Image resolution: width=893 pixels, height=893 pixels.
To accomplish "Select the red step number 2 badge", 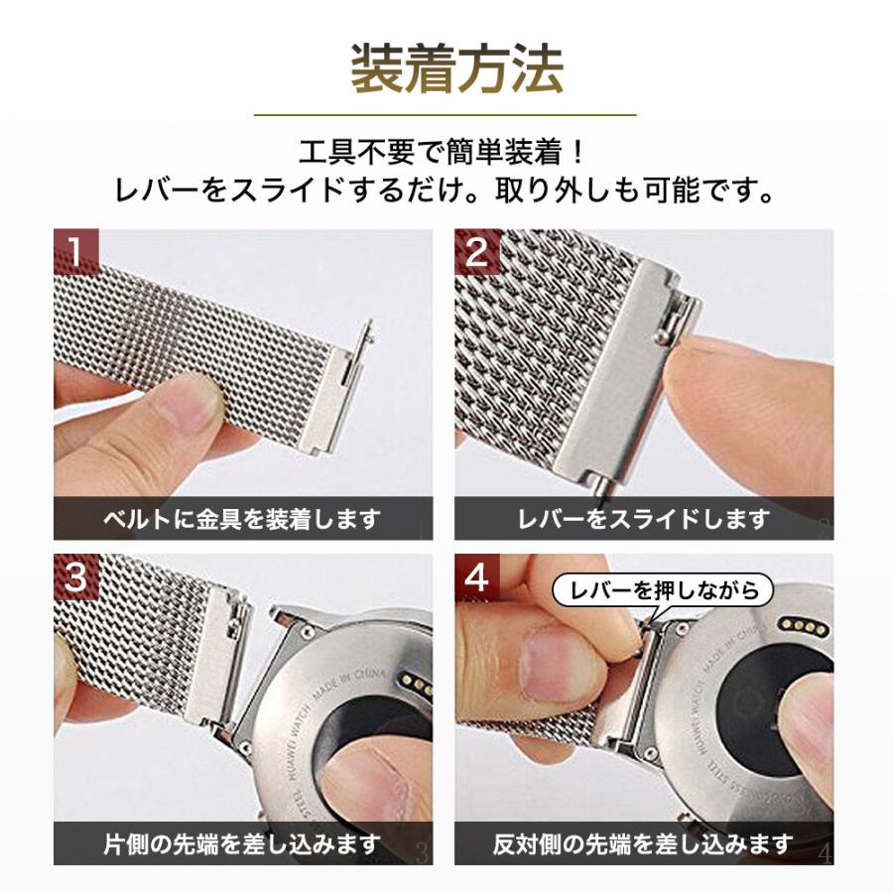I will pos(477,252).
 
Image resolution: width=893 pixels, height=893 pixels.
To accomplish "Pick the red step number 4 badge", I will pos(477,577).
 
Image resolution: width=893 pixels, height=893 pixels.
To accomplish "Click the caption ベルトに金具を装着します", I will pos(243,518).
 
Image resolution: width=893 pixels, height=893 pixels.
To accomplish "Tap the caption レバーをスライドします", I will pos(644,518).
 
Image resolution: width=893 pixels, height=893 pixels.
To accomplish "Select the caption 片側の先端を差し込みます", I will pos(243,844).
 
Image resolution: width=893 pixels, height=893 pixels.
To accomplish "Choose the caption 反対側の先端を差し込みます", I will pos(644,844).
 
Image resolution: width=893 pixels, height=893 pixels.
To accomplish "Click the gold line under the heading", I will pos(446,115).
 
